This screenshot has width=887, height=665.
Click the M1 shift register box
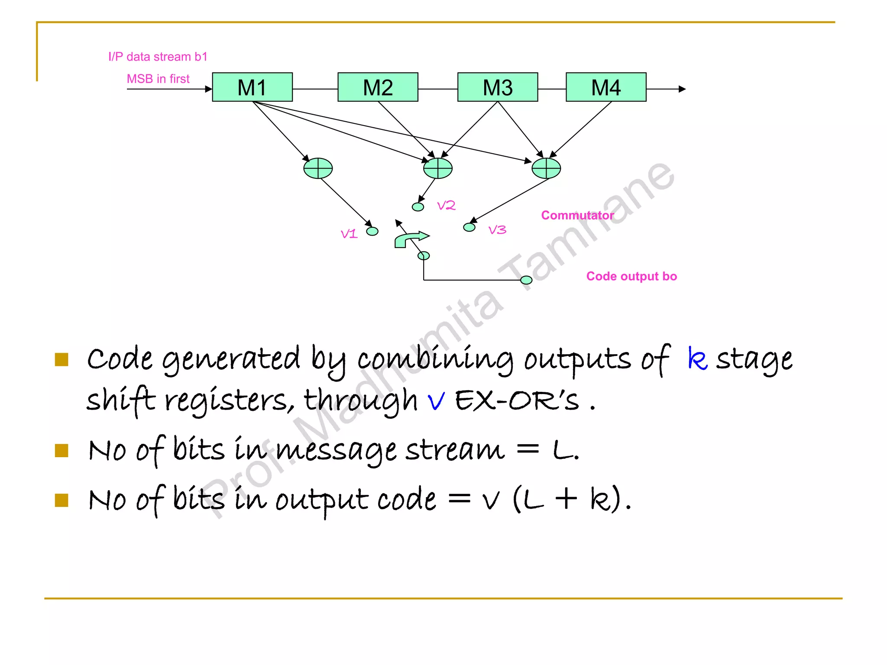click(x=252, y=87)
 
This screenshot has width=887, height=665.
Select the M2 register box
click(x=378, y=87)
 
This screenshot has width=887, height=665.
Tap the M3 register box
click(x=497, y=87)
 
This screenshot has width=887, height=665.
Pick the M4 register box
click(x=605, y=87)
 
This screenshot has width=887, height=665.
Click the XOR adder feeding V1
click(x=318, y=168)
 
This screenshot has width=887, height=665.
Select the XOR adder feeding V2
click(x=437, y=168)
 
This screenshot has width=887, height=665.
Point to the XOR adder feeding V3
click(x=546, y=168)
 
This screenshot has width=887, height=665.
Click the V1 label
click(x=349, y=234)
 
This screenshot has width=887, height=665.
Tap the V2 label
click(x=446, y=205)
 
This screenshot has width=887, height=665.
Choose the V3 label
click(x=497, y=230)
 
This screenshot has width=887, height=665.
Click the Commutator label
click(x=577, y=215)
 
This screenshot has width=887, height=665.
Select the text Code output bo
click(x=631, y=276)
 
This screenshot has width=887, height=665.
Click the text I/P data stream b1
click(x=158, y=57)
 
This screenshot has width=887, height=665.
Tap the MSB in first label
click(x=158, y=79)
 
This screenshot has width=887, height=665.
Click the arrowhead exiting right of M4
click(x=682, y=89)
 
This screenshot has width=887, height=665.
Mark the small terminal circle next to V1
click(x=372, y=232)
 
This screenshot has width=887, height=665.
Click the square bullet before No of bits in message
click(x=62, y=451)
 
